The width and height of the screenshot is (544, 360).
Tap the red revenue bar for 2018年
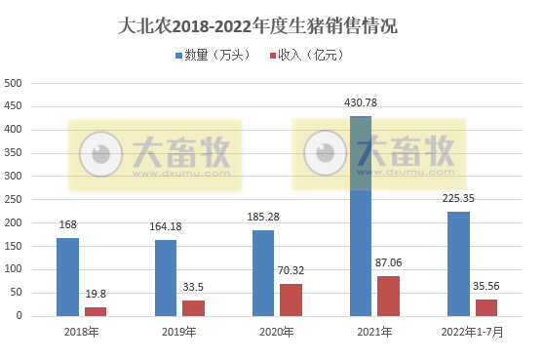[x=96, y=311]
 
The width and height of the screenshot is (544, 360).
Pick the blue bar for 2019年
[x=166, y=277]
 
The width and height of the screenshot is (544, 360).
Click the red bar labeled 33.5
[x=194, y=307]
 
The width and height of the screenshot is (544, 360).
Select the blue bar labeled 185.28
[x=263, y=272]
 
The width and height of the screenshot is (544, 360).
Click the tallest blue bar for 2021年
[x=361, y=216]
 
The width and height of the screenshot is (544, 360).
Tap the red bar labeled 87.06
[x=389, y=296]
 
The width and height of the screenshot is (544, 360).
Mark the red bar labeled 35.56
[x=486, y=307]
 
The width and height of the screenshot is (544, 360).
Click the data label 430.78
[x=361, y=102]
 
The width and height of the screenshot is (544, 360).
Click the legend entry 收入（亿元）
[x=312, y=57]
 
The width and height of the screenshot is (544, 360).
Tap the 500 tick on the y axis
[x=14, y=83]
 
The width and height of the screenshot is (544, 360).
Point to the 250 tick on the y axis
[x=14, y=199]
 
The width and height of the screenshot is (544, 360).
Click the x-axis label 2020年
[x=277, y=333]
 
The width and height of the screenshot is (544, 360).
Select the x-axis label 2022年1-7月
[x=473, y=333]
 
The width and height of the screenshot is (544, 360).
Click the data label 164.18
[x=166, y=227]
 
